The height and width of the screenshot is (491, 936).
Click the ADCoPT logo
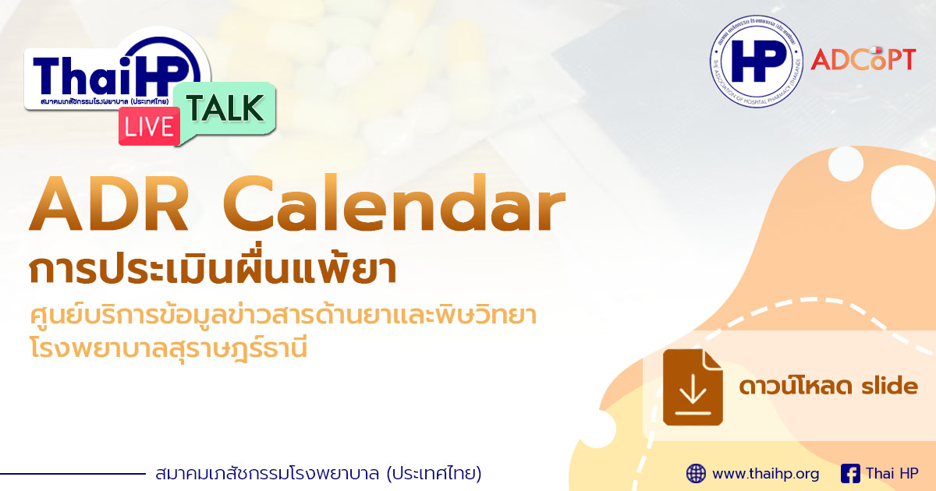pos(862,59)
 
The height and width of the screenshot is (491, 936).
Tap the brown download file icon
pos(693,387)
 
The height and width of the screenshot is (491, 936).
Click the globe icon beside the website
pos(696,473)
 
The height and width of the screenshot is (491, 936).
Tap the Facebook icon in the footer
pos(850,473)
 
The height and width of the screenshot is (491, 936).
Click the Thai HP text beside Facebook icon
pos(892,473)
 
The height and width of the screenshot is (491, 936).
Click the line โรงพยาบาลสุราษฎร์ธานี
pos(168,347)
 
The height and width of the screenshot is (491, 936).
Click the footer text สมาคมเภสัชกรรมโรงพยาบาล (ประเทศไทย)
pos(318,473)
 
